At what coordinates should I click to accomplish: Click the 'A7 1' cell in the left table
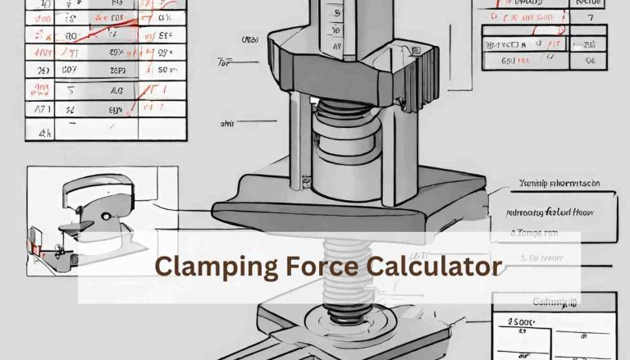pos(39,107)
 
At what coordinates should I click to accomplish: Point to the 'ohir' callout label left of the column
pos(226,124)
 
